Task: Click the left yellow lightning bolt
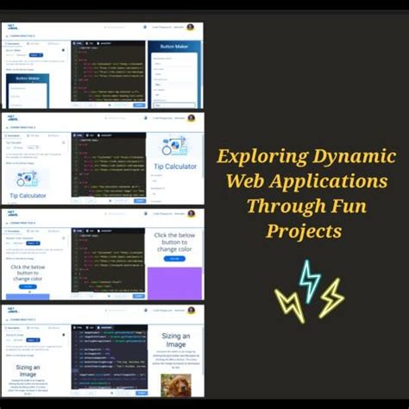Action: coord(289,304)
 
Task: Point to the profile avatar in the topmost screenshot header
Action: coord(190,27)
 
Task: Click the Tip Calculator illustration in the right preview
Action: coord(174,145)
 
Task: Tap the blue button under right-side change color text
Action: coord(174,258)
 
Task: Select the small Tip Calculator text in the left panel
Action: coord(28,196)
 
